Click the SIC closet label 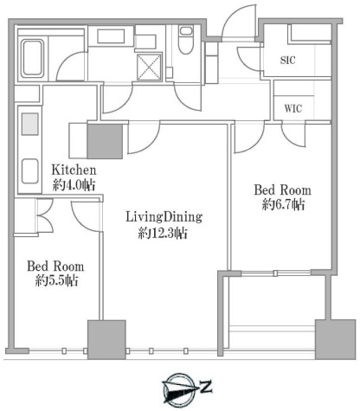[x=287, y=60]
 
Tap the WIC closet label [x=293, y=109]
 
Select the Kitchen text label [x=74, y=170]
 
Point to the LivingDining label [x=164, y=217]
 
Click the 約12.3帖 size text [x=163, y=233]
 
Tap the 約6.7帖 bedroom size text [x=283, y=205]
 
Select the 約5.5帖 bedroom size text [x=56, y=280]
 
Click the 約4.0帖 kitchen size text [x=74, y=185]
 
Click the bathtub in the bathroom [x=32, y=59]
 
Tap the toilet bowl [x=185, y=40]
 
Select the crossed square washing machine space [x=149, y=67]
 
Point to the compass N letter [x=206, y=387]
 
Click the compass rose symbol [x=179, y=389]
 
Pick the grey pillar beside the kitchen [x=105, y=141]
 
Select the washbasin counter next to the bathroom [x=111, y=36]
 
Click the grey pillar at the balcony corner [x=335, y=339]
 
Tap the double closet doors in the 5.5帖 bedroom [x=45, y=215]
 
